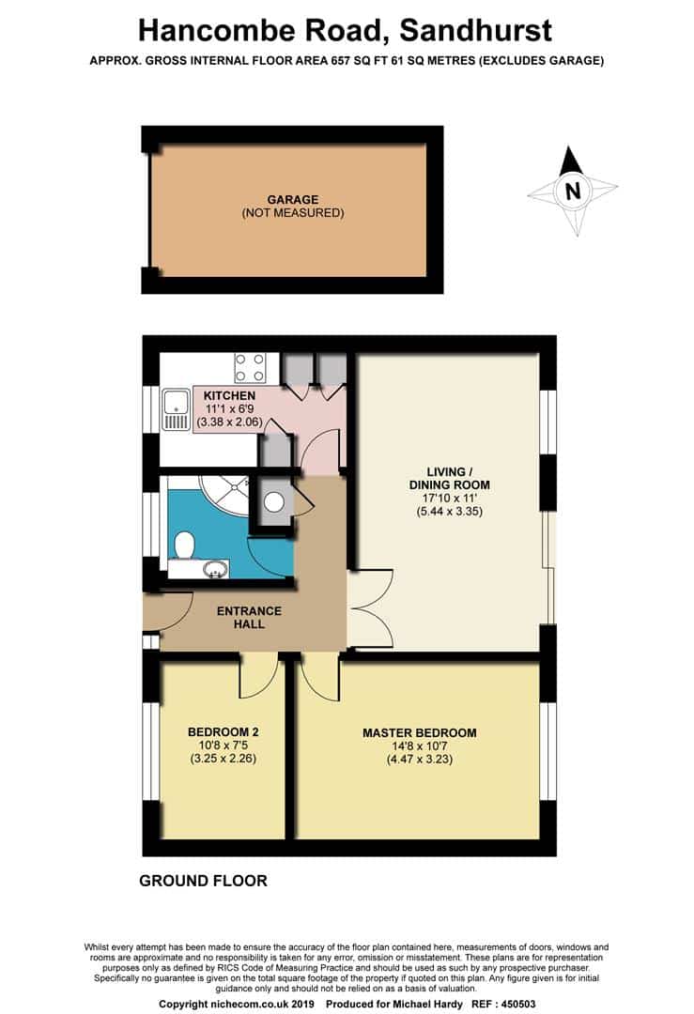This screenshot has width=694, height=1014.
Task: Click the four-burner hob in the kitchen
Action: tap(251, 367)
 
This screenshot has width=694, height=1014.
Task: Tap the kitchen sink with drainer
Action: tap(176, 409)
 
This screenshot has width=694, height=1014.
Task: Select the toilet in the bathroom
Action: tap(185, 545)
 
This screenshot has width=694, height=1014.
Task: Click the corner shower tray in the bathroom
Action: tap(226, 497)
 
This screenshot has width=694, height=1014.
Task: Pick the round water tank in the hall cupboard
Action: tap(274, 502)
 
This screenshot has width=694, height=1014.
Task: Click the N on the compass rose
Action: tap(571, 192)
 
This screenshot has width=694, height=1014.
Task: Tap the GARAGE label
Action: tap(292, 199)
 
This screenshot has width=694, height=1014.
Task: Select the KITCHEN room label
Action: tap(229, 396)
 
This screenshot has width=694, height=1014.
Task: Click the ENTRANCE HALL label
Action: tap(248, 617)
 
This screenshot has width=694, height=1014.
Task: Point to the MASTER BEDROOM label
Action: tap(420, 733)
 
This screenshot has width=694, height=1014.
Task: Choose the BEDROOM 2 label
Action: tap(223, 732)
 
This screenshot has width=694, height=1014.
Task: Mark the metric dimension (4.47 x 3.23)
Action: tap(420, 760)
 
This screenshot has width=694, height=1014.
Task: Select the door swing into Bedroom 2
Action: tap(258, 676)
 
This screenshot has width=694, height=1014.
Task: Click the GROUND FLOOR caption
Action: tap(203, 881)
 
